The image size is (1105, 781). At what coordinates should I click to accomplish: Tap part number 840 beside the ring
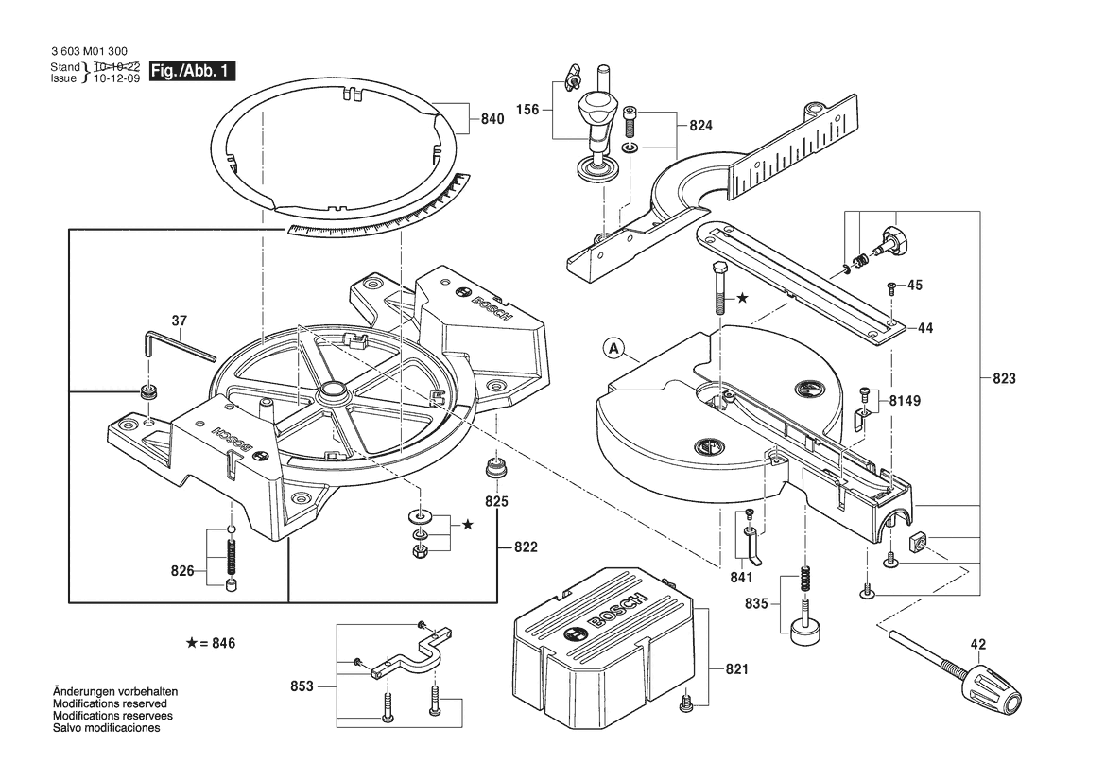click(x=492, y=119)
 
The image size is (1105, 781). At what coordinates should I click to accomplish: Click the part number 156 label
click(x=527, y=110)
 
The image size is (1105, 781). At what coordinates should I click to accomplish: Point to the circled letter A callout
click(x=614, y=348)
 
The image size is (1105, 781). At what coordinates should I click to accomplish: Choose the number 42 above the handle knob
click(x=978, y=644)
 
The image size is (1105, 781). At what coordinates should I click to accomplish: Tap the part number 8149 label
click(x=905, y=401)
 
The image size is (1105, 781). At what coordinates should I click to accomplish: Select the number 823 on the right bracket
click(x=1004, y=379)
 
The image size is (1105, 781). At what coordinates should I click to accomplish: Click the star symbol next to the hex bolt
click(x=743, y=298)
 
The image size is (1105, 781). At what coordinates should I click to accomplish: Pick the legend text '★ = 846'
click(x=210, y=643)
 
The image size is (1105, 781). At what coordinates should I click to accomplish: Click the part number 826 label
click(x=181, y=571)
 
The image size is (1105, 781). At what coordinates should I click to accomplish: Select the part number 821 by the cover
click(x=737, y=668)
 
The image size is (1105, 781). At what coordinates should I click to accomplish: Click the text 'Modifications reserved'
click(x=110, y=703)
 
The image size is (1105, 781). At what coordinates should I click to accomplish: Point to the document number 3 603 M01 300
click(x=90, y=51)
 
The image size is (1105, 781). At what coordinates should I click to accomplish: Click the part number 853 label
click(x=302, y=686)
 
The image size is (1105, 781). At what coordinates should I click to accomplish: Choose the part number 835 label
click(x=756, y=604)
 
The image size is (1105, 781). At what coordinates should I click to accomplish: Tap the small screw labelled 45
click(x=891, y=286)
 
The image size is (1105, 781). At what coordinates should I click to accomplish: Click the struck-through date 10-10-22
click(x=117, y=66)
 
